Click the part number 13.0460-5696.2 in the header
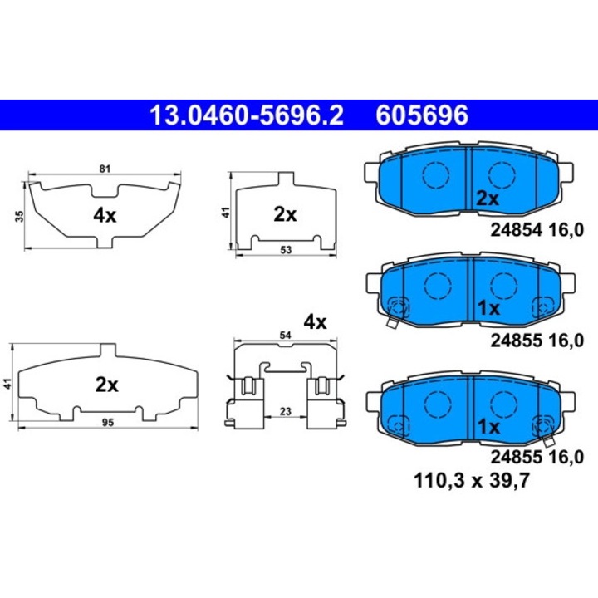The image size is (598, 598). (245, 114)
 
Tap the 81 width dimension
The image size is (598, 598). (105, 169)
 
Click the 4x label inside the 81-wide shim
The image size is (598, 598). (105, 215)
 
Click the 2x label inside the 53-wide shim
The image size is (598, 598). (285, 214)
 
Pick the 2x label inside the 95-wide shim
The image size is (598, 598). (106, 385)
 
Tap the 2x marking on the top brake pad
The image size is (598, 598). (487, 199)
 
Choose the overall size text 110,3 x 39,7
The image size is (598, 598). (468, 479)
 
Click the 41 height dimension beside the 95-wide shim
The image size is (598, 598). (7, 384)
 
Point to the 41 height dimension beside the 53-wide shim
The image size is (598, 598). (225, 213)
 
